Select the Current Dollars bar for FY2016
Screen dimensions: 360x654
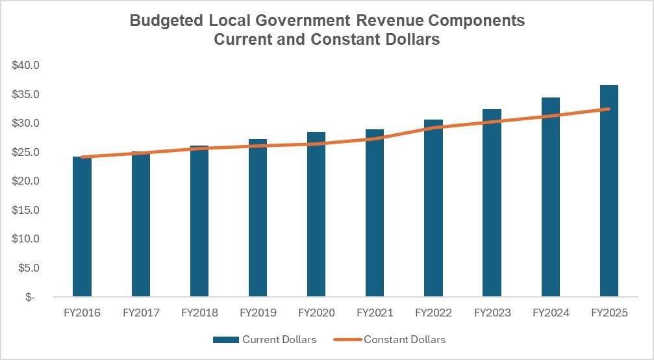(82, 227)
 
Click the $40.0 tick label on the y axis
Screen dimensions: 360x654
(26, 66)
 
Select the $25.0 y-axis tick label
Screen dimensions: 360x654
(26, 152)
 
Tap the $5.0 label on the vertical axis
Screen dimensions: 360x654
(29, 268)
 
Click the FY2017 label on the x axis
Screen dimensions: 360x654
(141, 313)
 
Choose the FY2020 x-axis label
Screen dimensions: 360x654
(316, 313)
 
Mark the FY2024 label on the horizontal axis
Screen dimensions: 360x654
(551, 313)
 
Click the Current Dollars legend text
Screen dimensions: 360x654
(279, 339)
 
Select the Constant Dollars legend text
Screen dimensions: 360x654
(405, 339)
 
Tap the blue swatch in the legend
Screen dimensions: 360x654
(225, 339)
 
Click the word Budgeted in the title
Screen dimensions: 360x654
(167, 21)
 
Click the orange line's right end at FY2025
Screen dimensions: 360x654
(609, 109)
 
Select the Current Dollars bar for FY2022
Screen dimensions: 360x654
(433, 208)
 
